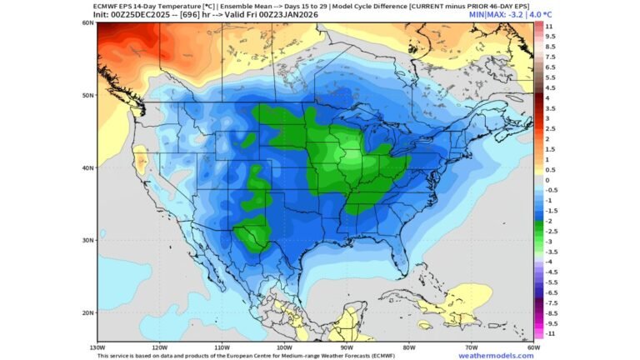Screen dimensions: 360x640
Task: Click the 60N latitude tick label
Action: (87, 22)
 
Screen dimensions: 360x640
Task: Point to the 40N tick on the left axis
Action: (87, 167)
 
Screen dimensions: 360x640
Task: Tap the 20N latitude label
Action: (87, 312)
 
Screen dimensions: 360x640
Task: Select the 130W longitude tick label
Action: (97, 347)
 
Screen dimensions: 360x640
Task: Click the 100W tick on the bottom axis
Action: (284, 347)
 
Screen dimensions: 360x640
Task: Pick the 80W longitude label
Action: (409, 347)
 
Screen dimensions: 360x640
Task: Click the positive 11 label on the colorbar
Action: (549, 27)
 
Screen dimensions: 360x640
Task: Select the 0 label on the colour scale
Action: (547, 180)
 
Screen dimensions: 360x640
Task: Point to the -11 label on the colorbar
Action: (550, 333)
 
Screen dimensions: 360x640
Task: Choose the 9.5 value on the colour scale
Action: (550, 37)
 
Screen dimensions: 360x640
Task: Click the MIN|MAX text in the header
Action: (487, 14)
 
